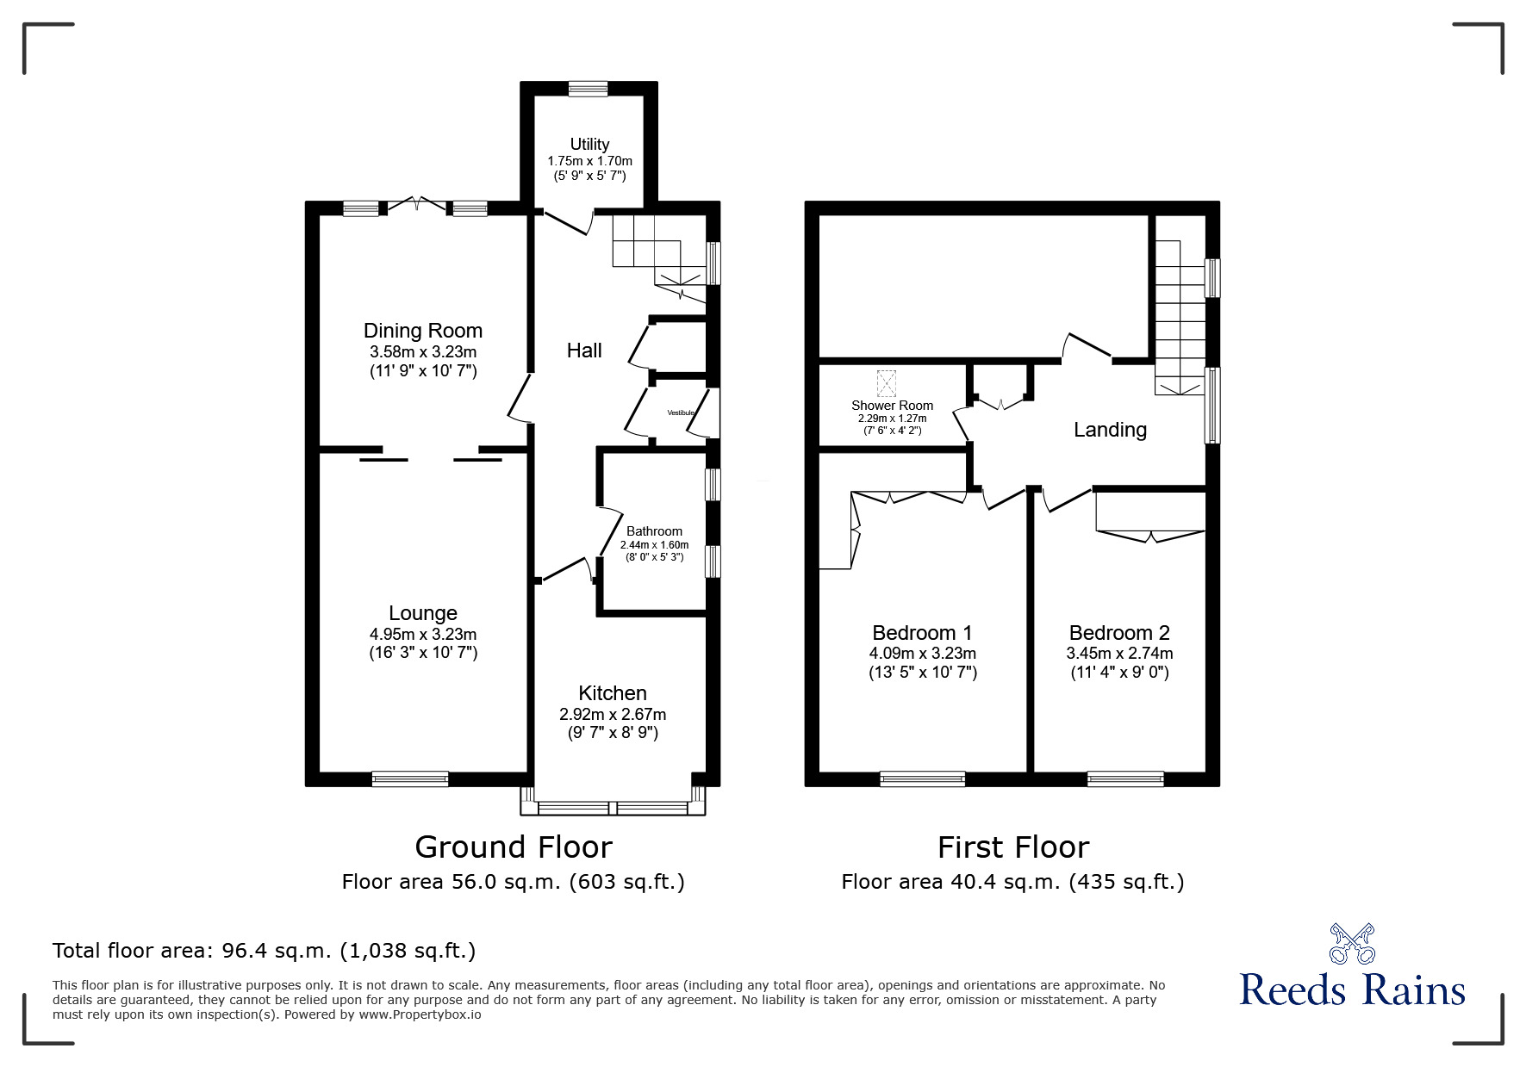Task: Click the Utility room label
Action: pyautogui.click(x=589, y=145)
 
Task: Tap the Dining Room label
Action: pyautogui.click(x=423, y=331)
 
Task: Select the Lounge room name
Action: pyautogui.click(x=423, y=613)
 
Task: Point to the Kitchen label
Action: pyautogui.click(x=613, y=693)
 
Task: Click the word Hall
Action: pyautogui.click(x=584, y=350)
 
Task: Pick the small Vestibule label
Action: pyautogui.click(x=681, y=413)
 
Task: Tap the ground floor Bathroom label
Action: pyautogui.click(x=654, y=531)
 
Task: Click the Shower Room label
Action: pyautogui.click(x=892, y=406)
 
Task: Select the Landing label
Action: pyautogui.click(x=1110, y=430)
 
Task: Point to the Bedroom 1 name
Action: pyautogui.click(x=922, y=633)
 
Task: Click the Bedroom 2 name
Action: pyautogui.click(x=1119, y=633)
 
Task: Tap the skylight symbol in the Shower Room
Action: pyautogui.click(x=887, y=382)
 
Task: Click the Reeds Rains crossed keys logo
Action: pyautogui.click(x=1353, y=943)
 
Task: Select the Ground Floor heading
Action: pyautogui.click(x=514, y=847)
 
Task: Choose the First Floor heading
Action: pyautogui.click(x=1013, y=847)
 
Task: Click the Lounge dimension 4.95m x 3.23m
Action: pyautogui.click(x=423, y=634)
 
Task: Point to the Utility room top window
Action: pyautogui.click(x=588, y=88)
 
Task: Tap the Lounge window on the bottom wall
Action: pyautogui.click(x=410, y=779)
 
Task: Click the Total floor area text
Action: pyautogui.click(x=264, y=951)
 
